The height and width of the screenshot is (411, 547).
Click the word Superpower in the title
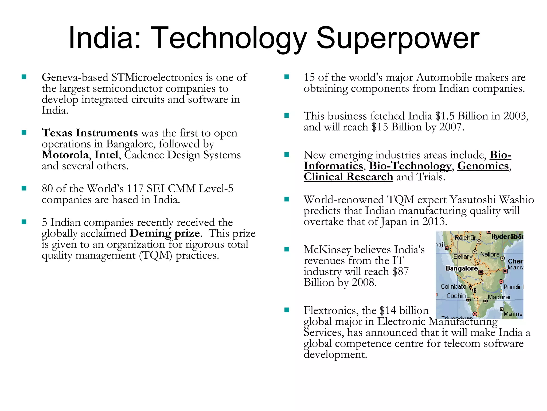[398, 38]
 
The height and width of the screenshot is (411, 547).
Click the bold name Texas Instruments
[90, 133]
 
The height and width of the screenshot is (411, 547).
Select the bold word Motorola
[65, 155]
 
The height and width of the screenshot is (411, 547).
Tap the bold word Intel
[106, 155]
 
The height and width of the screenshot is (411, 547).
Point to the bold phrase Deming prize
[165, 233]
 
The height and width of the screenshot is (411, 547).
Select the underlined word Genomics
[483, 166]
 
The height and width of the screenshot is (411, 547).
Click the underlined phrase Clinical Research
[348, 177]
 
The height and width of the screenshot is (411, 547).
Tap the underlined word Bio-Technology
[410, 166]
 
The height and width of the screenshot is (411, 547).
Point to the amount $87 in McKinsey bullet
[400, 272]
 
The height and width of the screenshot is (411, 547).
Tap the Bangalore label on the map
[462, 268]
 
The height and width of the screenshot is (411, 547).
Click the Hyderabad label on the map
[507, 237]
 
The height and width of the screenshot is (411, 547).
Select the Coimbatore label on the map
[456, 287]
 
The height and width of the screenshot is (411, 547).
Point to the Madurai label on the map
[499, 297]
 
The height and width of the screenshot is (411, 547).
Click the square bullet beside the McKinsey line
[287, 249]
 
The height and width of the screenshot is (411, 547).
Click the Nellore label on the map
[490, 254]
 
